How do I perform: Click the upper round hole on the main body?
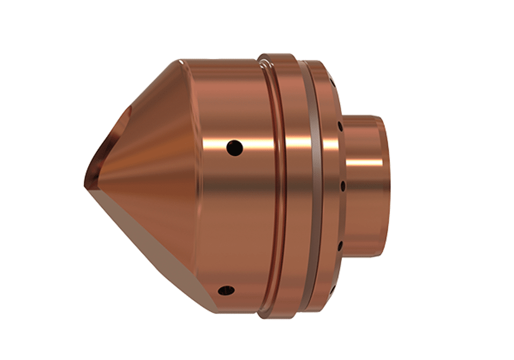234,145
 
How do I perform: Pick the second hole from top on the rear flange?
340,128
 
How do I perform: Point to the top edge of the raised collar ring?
277,54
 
